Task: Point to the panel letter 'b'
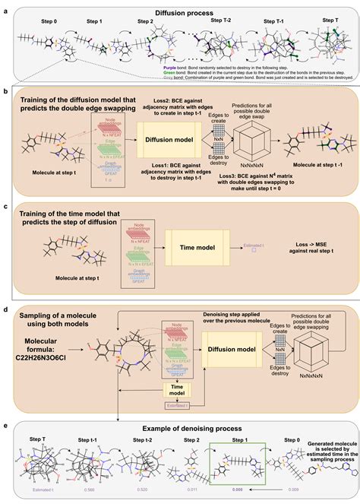5,90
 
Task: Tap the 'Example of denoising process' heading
180,428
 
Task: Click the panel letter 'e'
5,427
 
